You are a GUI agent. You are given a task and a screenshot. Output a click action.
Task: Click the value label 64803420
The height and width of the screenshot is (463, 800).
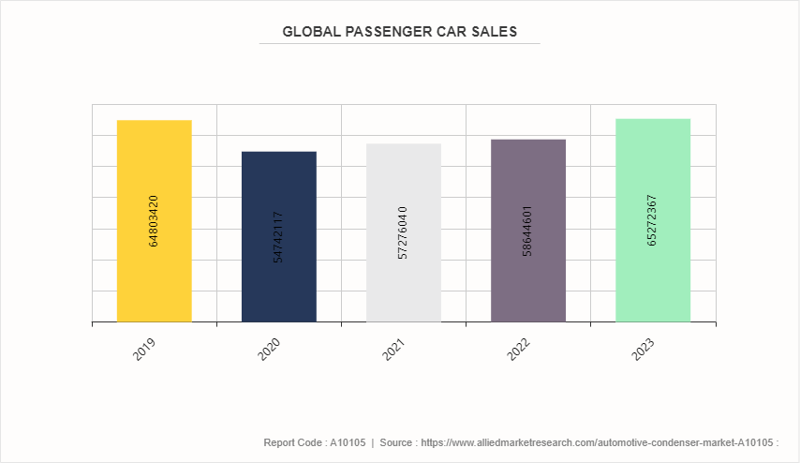click(154, 221)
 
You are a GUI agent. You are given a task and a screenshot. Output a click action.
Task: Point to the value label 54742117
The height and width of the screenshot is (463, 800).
click(278, 237)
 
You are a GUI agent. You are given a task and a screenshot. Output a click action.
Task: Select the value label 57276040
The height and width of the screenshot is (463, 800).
click(403, 233)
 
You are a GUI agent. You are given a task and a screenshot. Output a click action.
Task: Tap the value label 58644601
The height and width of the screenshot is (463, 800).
click(527, 231)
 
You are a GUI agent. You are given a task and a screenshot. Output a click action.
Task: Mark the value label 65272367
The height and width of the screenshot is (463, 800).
click(652, 220)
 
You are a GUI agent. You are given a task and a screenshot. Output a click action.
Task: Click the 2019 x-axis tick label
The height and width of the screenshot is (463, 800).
click(145, 349)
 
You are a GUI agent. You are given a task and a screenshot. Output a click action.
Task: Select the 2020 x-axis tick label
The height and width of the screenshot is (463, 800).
click(270, 349)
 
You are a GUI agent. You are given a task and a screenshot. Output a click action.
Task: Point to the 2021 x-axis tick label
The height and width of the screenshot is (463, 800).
click(394, 349)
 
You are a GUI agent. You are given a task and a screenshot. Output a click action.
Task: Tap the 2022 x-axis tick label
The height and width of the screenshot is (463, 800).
click(519, 349)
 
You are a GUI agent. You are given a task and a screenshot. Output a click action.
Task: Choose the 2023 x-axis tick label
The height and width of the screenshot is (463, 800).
click(644, 349)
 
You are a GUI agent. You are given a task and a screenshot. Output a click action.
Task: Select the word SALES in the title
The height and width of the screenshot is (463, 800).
click(494, 32)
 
